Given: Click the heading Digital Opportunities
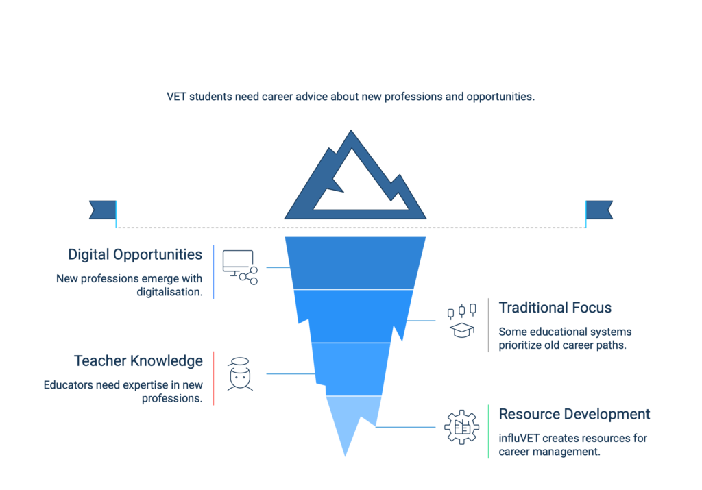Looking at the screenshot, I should (135, 255).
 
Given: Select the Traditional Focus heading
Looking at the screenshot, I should (555, 308).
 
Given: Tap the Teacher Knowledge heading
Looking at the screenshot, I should (138, 360).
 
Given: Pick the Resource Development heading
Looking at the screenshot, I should (574, 415).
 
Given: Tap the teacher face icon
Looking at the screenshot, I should (240, 374).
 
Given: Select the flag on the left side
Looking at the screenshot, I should (103, 210).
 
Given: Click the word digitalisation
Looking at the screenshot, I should (169, 292).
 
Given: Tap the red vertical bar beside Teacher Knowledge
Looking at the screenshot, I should (213, 378).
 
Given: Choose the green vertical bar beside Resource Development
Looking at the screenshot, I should (488, 431).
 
